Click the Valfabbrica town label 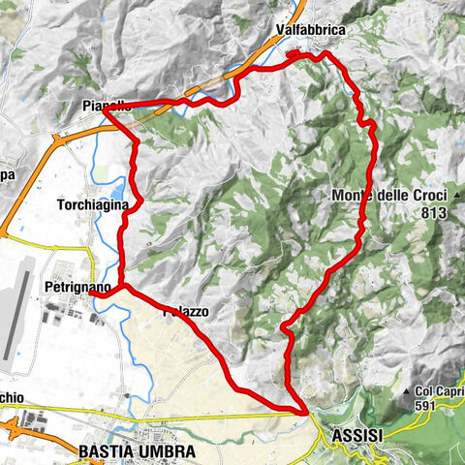(310, 30)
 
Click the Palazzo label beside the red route (186, 311)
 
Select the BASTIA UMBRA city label (136, 451)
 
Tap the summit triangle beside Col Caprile (406, 391)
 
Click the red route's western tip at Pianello (104, 108)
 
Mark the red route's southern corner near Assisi (306, 413)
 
